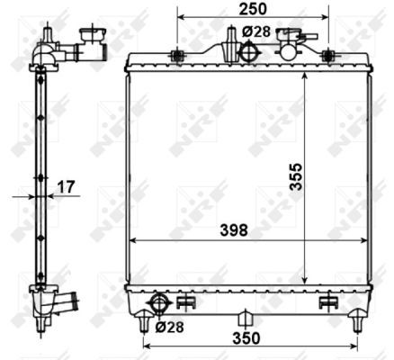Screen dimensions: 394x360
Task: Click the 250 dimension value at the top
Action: pyautogui.click(x=253, y=9)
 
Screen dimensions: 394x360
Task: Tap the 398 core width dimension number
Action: pyautogui.click(x=234, y=230)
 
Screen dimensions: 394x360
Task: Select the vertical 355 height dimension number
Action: pyautogui.click(x=296, y=176)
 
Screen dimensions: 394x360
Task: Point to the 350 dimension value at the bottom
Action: pyautogui.click(x=246, y=338)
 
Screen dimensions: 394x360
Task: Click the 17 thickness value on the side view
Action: pyautogui.click(x=66, y=187)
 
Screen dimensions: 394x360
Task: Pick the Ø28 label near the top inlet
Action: pyautogui.click(x=256, y=31)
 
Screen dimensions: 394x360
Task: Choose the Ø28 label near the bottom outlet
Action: pyautogui.click(x=169, y=327)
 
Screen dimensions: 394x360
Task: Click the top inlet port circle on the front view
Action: pyautogui.click(x=249, y=51)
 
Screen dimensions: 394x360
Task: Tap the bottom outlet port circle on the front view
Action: pyautogui.click(x=159, y=303)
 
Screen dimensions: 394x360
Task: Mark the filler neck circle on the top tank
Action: pyautogui.click(x=288, y=52)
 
